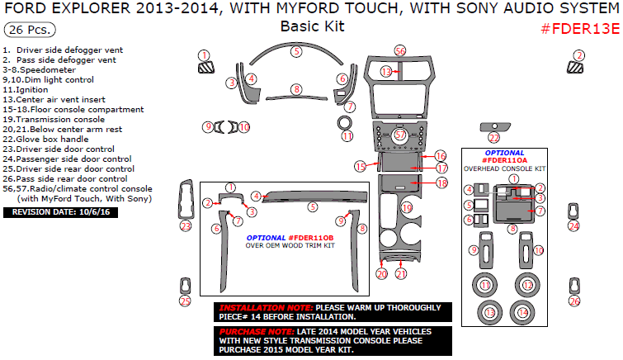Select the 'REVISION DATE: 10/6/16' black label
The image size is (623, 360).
(x=62, y=212)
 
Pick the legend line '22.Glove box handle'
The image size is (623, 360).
(x=47, y=139)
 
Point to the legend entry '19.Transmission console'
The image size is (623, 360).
(x=54, y=119)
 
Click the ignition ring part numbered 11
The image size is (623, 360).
(x=347, y=135)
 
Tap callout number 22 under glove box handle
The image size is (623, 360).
(x=493, y=138)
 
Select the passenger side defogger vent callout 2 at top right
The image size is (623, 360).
(x=579, y=55)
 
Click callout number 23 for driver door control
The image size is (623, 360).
(x=186, y=225)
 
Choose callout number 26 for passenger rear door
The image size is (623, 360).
(x=574, y=301)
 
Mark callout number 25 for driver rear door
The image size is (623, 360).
(x=185, y=301)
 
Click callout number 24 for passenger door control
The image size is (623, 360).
(x=574, y=225)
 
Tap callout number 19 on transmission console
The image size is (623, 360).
(x=406, y=207)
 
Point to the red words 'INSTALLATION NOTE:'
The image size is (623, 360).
(x=254, y=307)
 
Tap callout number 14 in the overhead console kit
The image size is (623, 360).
(x=523, y=313)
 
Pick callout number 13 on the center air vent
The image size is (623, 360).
(x=386, y=73)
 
